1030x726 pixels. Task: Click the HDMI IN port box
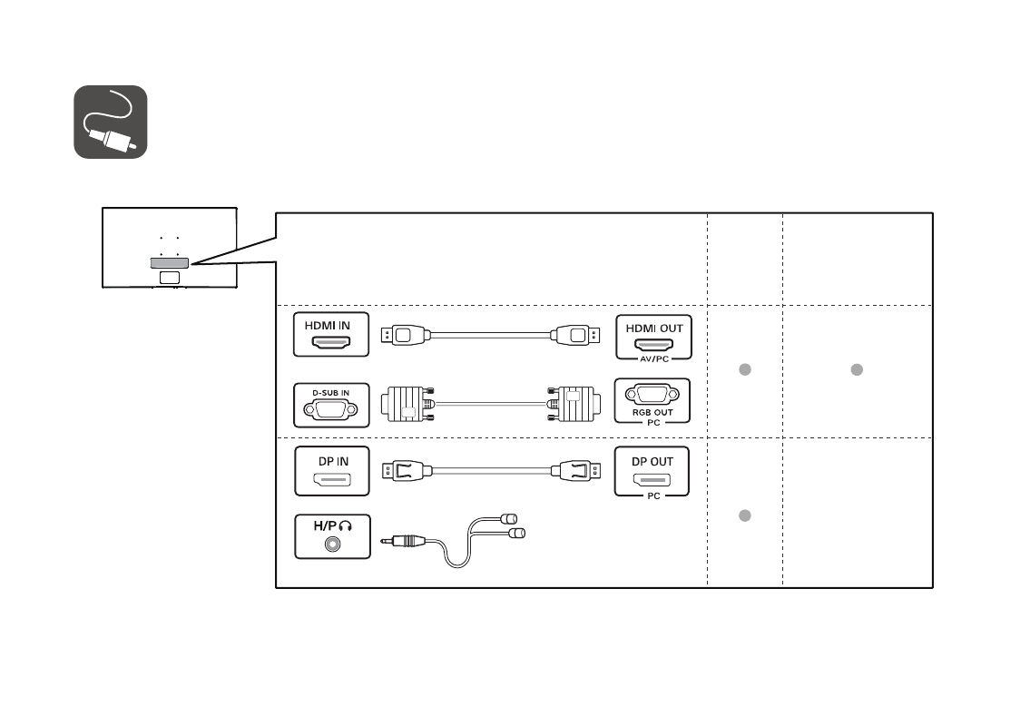tap(331, 335)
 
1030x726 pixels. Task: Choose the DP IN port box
tap(331, 471)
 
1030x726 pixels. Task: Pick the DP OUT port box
tap(652, 471)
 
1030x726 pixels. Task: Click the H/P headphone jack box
tap(331, 536)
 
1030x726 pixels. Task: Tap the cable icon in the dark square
tap(110, 122)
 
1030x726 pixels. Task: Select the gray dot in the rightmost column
tap(856, 369)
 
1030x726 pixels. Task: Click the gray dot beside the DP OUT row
tap(743, 515)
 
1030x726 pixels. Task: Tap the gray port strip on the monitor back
tap(169, 262)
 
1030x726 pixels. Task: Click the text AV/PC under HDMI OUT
tap(652, 358)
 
